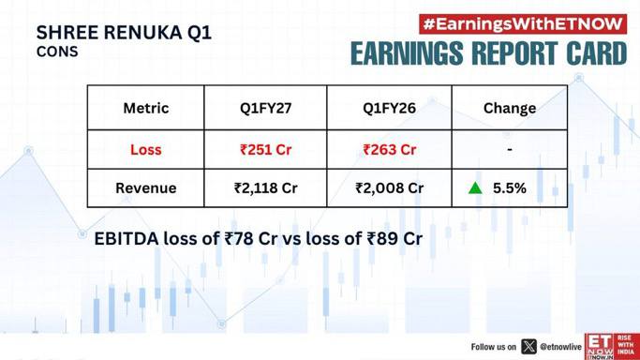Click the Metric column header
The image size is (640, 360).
[x=146, y=108]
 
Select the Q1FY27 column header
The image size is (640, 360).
[x=266, y=108]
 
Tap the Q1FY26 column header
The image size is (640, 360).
[x=390, y=108]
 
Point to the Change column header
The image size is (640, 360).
[x=510, y=109]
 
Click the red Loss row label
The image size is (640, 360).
[x=146, y=150]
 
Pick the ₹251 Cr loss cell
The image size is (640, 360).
[x=266, y=150]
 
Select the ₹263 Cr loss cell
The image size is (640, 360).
[x=390, y=150]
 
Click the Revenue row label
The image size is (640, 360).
[x=146, y=188]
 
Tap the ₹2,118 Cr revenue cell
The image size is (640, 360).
[x=266, y=188]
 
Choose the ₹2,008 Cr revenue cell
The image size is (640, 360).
[x=390, y=188]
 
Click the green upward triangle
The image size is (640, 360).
[x=475, y=188]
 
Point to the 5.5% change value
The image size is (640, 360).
[x=510, y=188]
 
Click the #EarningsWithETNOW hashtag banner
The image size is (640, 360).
[x=523, y=24]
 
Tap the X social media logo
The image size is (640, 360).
[x=529, y=347]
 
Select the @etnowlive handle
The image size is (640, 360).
[x=560, y=347]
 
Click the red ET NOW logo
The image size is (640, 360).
[x=612, y=347]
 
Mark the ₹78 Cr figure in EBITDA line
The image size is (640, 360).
[x=251, y=239]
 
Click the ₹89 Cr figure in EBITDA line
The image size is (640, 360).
[x=394, y=239]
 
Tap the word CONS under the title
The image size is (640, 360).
[x=57, y=52]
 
